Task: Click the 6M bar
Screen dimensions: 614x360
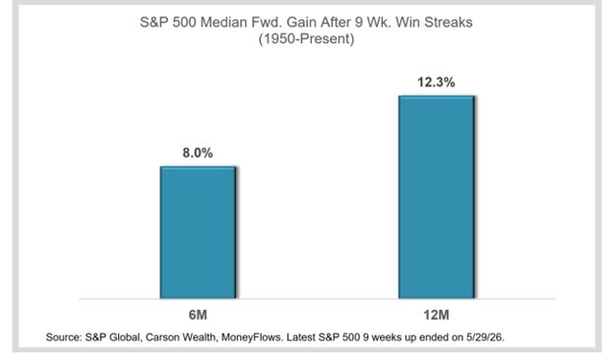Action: pyautogui.click(x=198, y=232)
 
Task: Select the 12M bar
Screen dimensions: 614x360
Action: pyautogui.click(x=437, y=197)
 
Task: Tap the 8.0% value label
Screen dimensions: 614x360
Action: pyautogui.click(x=198, y=152)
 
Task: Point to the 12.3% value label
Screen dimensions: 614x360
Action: pyautogui.click(x=436, y=83)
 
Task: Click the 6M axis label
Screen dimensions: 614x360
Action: pyautogui.click(x=198, y=315)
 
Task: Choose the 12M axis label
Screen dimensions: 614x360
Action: pyautogui.click(x=436, y=315)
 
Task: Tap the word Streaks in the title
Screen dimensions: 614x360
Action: pyautogui.click(x=449, y=23)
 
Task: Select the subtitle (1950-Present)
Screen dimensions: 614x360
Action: pyautogui.click(x=306, y=38)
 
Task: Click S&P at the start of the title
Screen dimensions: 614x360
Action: pyautogui.click(x=153, y=23)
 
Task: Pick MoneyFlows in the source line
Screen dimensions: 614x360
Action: pyautogui.click(x=252, y=337)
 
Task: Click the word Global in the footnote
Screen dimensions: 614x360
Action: pyautogui.click(x=125, y=337)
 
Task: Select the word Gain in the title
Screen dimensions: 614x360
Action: pyautogui.click(x=302, y=23)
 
